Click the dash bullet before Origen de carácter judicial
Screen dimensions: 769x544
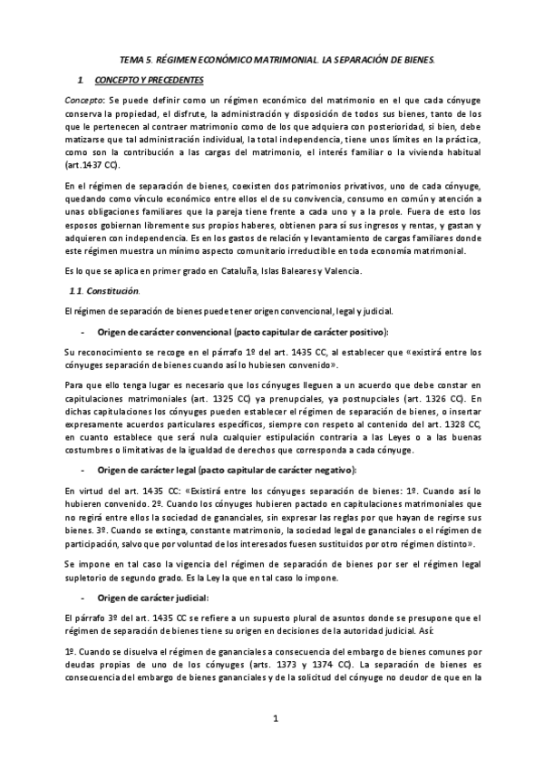pos(84,598)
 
